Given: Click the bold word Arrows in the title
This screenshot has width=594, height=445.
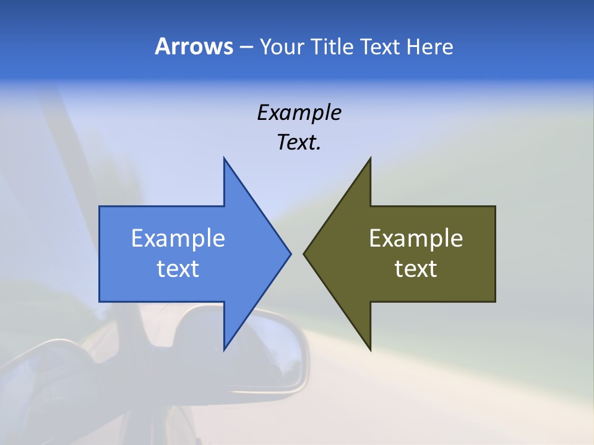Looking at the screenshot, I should coord(194,46).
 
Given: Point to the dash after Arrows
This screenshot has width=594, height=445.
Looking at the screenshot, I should coord(246,47).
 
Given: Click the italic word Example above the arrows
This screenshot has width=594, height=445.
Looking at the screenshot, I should coord(299,112).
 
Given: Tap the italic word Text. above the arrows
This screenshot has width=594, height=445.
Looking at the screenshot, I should coord(299,142).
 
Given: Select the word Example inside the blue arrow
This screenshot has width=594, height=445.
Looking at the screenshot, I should coord(178,239).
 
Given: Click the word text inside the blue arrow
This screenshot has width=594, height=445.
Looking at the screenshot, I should coord(178,269).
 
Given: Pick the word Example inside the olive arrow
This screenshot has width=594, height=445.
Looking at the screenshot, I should coord(416,239).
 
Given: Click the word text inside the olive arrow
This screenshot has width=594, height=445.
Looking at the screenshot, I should coord(416,269).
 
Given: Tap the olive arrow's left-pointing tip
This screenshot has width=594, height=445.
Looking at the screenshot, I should coord(305,253).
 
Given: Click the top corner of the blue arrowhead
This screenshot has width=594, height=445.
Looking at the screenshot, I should coord(224,159).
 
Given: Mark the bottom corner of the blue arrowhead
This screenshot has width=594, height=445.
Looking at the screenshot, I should coord(224,349).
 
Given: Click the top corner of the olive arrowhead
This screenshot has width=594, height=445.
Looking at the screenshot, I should coord(370,159).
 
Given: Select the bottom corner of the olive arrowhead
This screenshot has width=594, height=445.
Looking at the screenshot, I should coord(370,349).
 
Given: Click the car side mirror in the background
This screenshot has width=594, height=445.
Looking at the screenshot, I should coord(260,352).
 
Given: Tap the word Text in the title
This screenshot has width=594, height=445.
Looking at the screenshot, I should coord(380,46).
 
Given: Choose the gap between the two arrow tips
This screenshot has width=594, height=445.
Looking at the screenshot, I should coord(297,253).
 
